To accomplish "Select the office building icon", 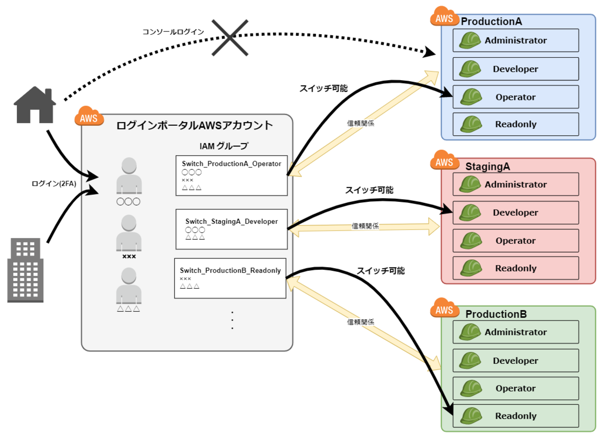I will point(25,270).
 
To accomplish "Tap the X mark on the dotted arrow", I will point(230,38).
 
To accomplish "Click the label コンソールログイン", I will point(173,32).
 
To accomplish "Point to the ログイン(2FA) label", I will point(54,184).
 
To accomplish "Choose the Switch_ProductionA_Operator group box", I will point(231,176).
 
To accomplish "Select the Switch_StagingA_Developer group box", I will point(231,229).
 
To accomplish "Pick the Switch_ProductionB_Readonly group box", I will point(230,278).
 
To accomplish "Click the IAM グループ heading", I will point(224,146).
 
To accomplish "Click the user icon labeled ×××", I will point(129,233).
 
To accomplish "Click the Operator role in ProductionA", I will point(516,97).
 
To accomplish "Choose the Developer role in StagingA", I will point(516,213).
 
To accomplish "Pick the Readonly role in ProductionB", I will point(516,416).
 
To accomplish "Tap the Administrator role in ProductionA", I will point(516,41).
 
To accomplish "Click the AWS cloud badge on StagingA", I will point(444,161).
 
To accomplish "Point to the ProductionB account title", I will point(496,314).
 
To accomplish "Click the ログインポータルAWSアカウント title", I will point(194,125).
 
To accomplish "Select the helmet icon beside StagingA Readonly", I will point(470,269).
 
